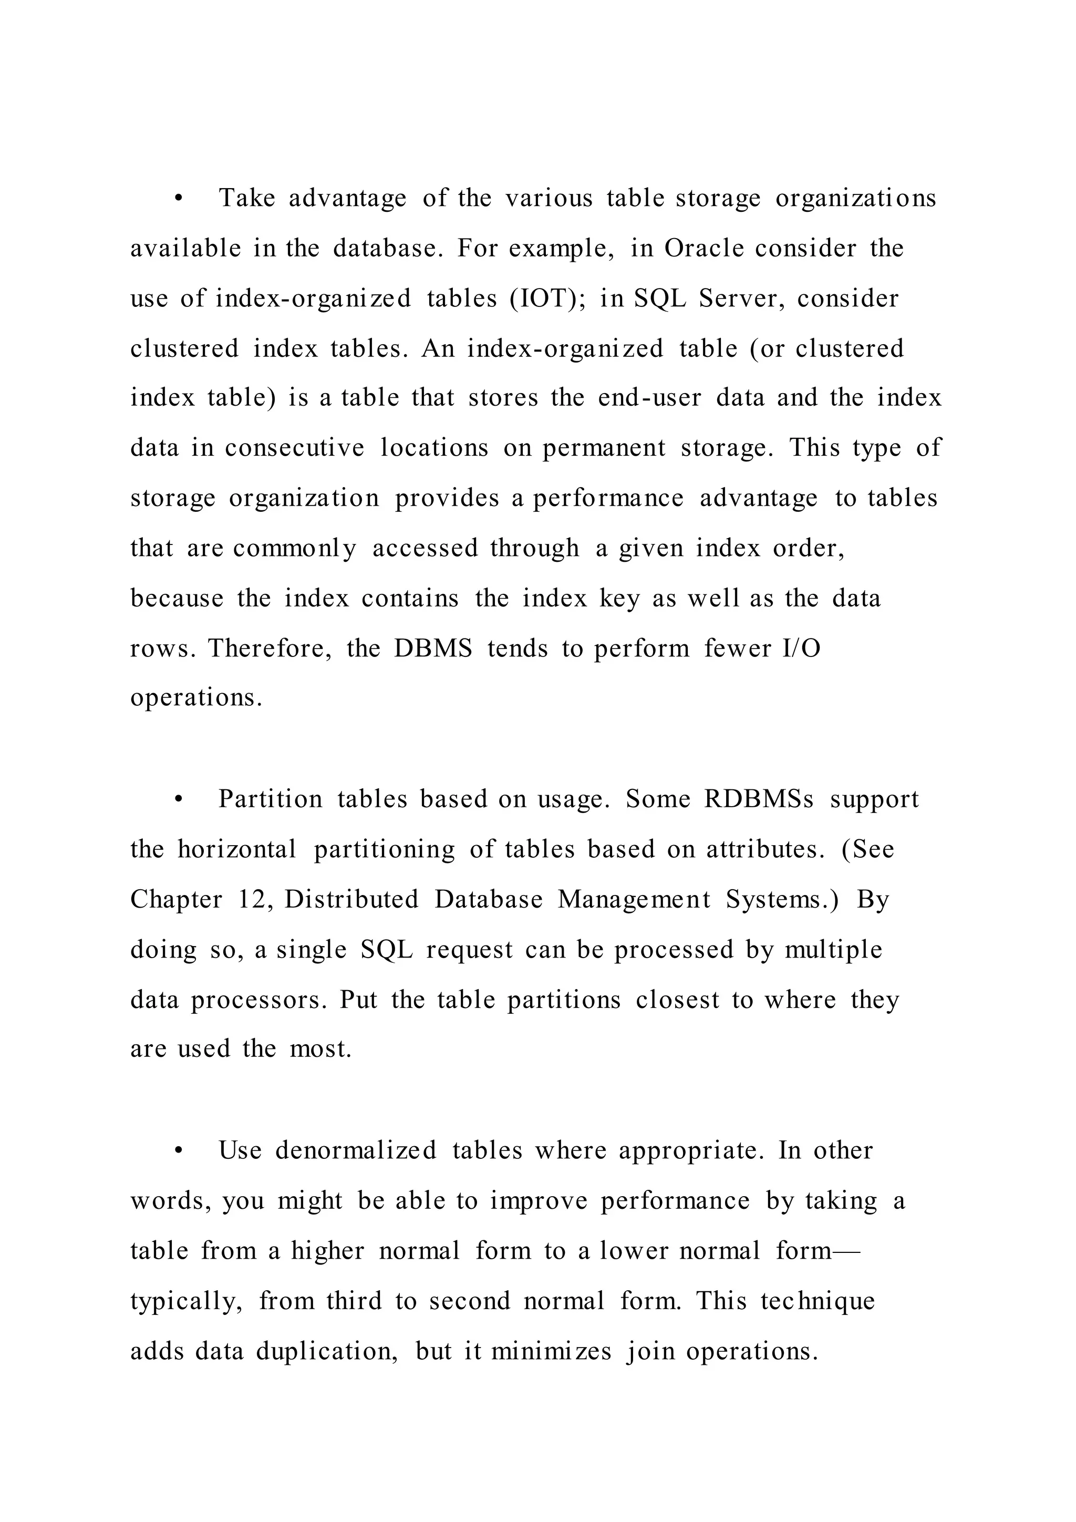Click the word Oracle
click(703, 249)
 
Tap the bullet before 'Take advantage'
click(178, 199)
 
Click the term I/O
click(801, 649)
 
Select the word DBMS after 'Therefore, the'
click(433, 649)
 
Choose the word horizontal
click(237, 850)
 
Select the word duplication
click(327, 1352)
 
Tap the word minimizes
click(551, 1352)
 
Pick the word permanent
click(604, 449)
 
